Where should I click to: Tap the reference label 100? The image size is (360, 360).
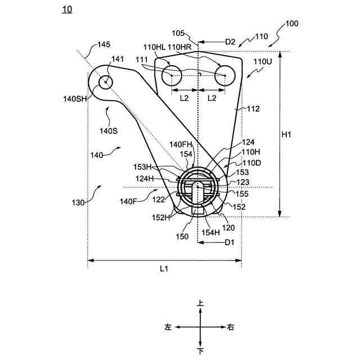(x=292, y=24)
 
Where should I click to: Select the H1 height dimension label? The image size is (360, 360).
(x=286, y=134)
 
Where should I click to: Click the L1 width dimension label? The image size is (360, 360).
(x=164, y=269)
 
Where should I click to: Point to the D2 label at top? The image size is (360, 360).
(x=230, y=42)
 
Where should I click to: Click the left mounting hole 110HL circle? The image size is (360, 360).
(x=172, y=74)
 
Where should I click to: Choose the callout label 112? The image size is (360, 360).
(x=253, y=109)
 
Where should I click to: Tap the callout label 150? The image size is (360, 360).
(x=182, y=237)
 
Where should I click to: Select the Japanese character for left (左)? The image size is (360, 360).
(x=168, y=327)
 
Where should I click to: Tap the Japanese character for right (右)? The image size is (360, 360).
(x=231, y=327)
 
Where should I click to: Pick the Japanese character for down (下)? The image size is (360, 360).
(x=200, y=351)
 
